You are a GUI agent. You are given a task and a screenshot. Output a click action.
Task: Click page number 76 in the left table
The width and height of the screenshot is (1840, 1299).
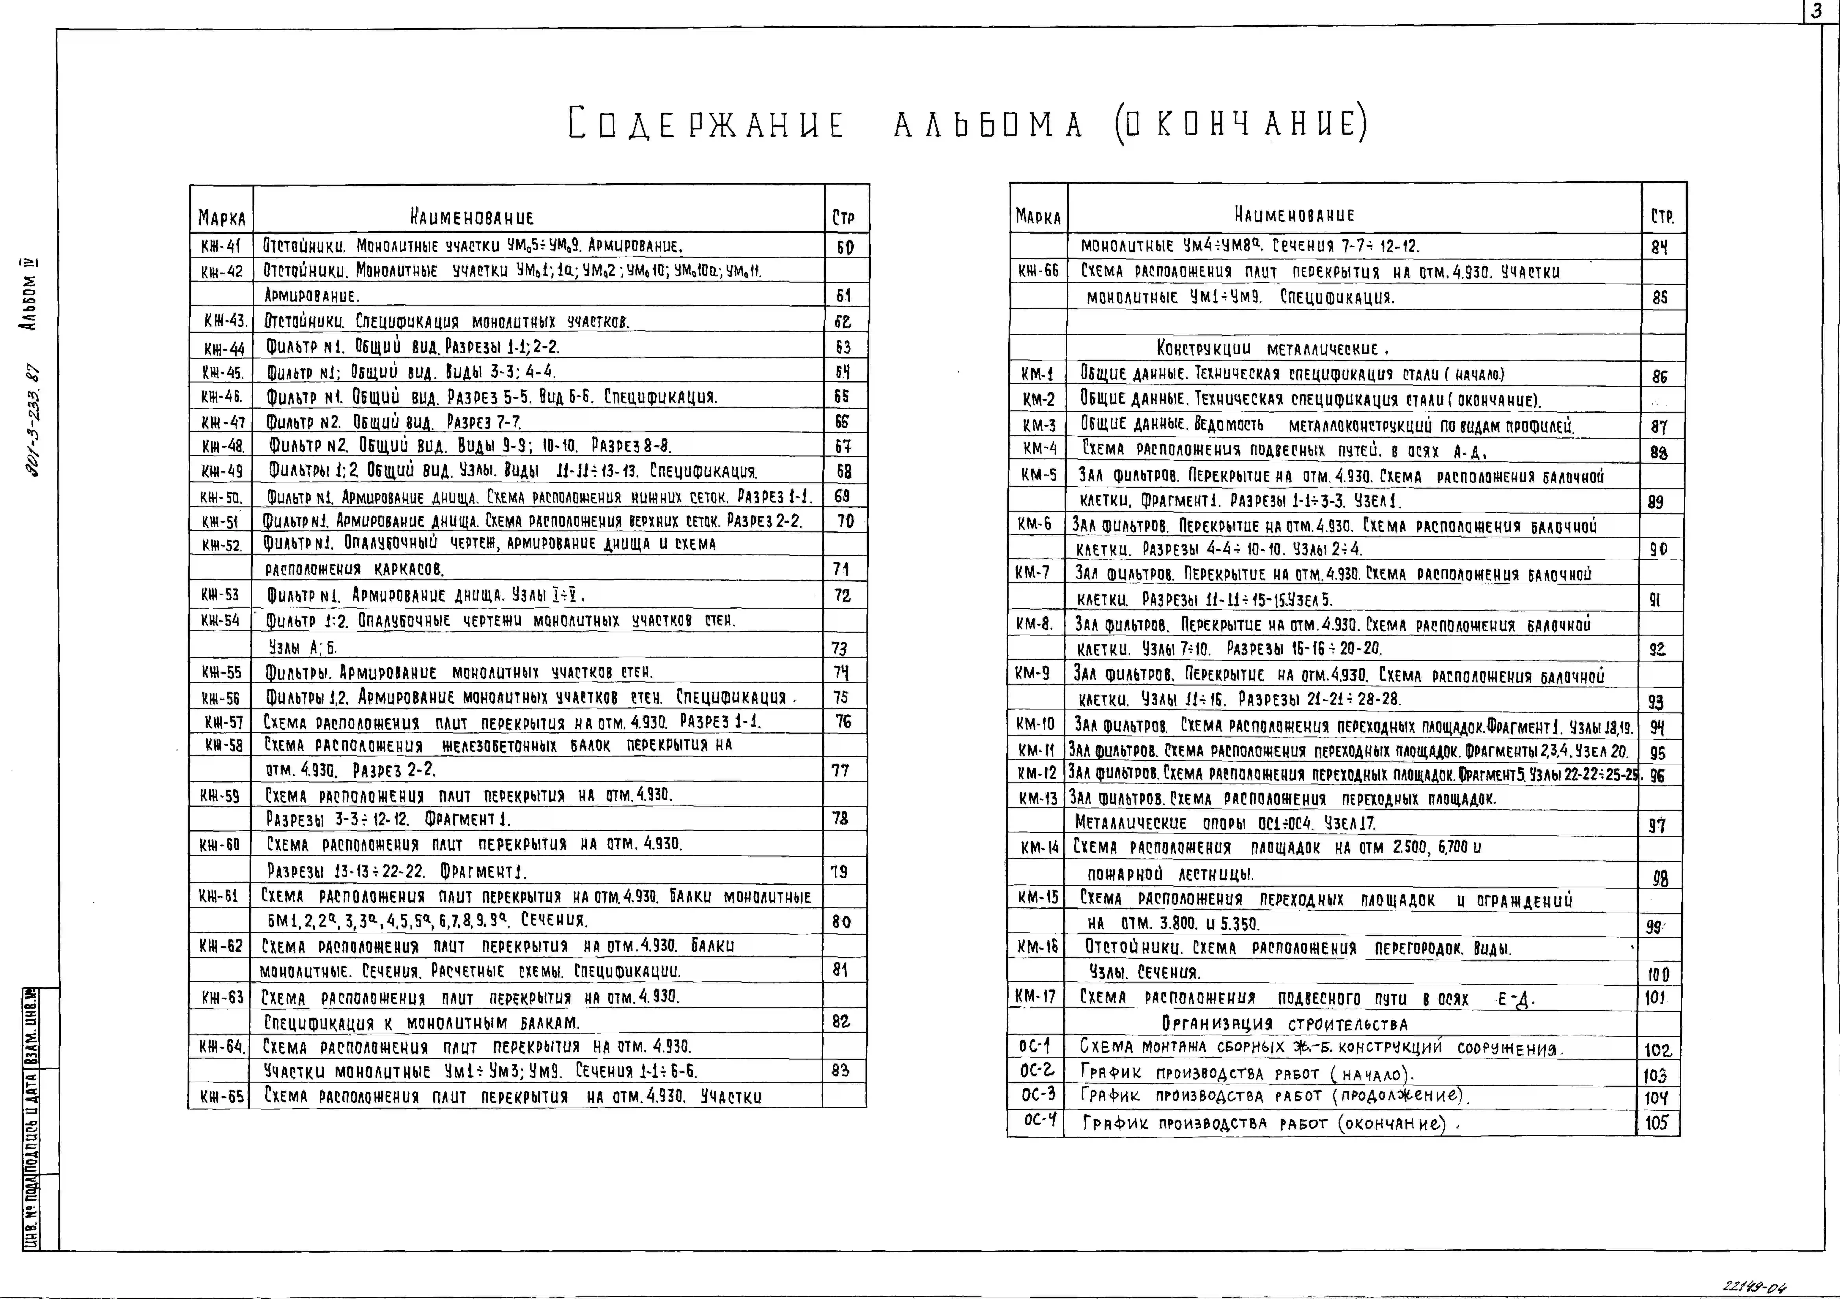(x=843, y=721)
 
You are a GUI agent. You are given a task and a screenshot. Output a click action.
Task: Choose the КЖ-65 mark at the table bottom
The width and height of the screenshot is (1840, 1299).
(x=221, y=1096)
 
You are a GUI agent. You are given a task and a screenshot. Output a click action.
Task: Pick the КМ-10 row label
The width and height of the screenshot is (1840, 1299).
(x=1036, y=725)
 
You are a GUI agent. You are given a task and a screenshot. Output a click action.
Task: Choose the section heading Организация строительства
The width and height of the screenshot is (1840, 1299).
(x=1296, y=1023)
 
